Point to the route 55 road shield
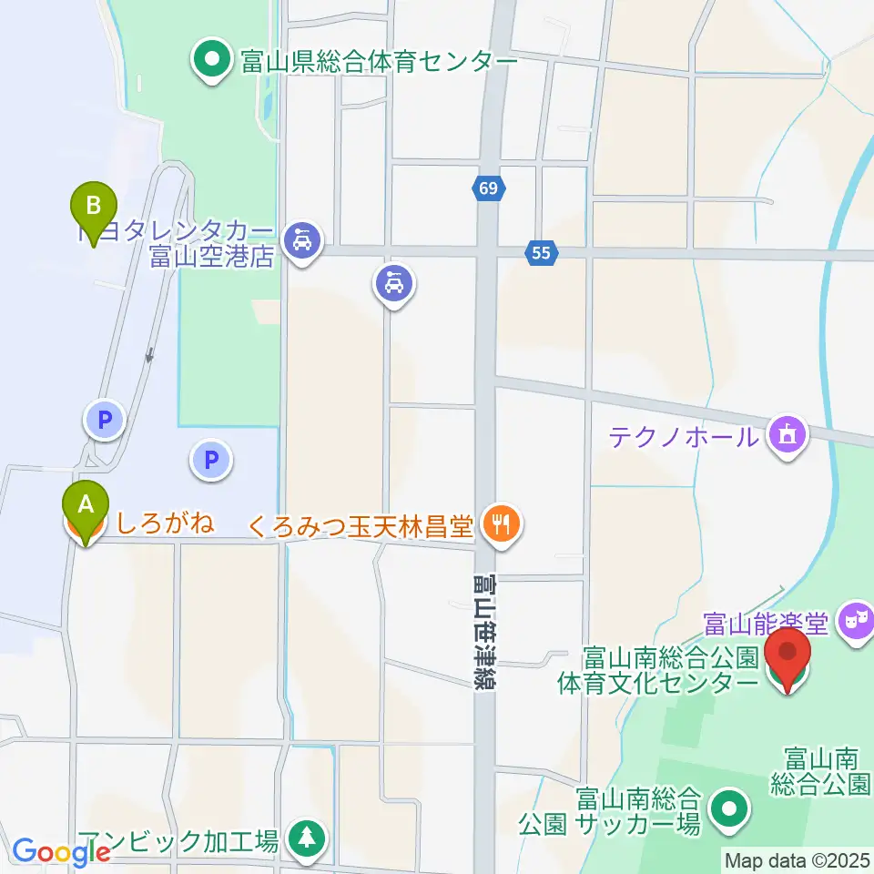click(x=542, y=253)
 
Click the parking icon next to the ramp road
click(x=104, y=420)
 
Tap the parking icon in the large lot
click(x=212, y=461)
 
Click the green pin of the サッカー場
click(x=728, y=808)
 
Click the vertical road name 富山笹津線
click(x=483, y=632)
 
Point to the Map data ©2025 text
click(x=797, y=859)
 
